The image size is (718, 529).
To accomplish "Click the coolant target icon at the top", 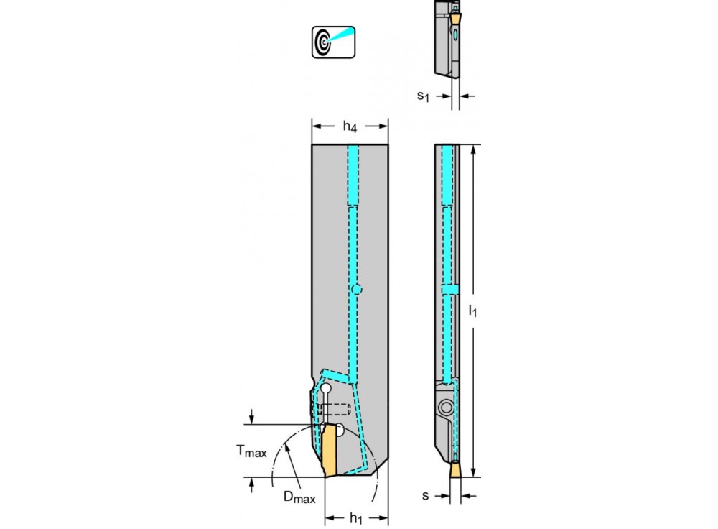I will click(x=333, y=42).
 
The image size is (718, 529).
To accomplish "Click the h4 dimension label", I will click(x=350, y=128).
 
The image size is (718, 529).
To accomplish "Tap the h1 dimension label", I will click(x=355, y=518).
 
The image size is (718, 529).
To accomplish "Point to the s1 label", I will click(x=424, y=95).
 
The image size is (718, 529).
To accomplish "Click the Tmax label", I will click(x=251, y=451).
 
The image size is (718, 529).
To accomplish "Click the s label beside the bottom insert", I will click(x=426, y=495).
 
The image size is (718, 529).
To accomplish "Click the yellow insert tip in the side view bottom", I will click(x=454, y=469).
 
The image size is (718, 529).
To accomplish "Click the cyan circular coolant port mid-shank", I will click(x=357, y=290).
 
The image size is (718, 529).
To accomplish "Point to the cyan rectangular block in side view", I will click(x=449, y=289).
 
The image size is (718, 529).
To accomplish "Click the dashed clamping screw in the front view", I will click(x=334, y=410).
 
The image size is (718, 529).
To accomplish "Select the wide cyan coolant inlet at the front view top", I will click(x=353, y=175).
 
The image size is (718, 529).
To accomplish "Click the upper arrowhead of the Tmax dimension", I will click(x=252, y=420).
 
